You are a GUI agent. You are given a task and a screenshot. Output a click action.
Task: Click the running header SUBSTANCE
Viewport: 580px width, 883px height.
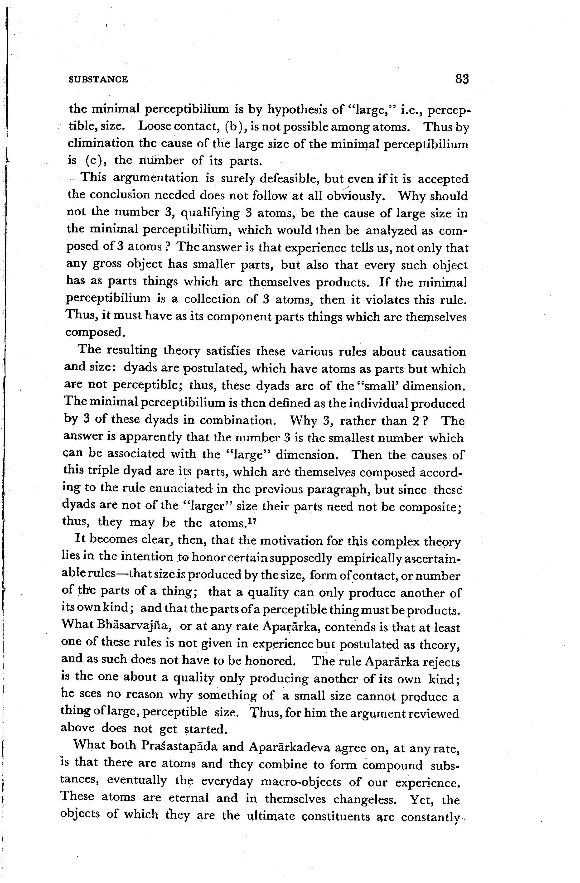tap(98, 79)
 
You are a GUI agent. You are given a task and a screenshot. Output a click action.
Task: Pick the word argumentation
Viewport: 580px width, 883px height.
tap(155, 179)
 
